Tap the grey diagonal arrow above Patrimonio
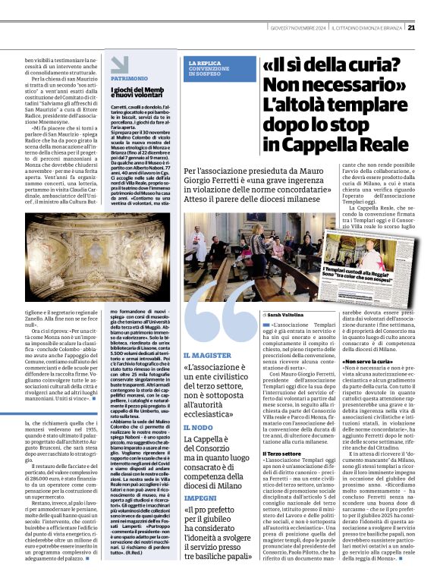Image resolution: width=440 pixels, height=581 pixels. pyautogui.click(x=120, y=64)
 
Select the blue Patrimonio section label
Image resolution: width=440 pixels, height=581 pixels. pyautogui.click(x=129, y=78)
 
